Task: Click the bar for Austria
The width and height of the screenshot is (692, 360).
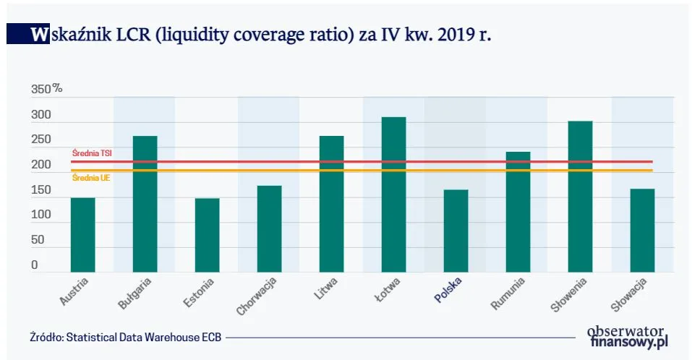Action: [x=82, y=234]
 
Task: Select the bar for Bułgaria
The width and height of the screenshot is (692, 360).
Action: [x=145, y=204]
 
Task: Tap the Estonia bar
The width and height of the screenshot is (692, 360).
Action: [x=207, y=235]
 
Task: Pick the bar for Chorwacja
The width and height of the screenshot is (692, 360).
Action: [x=269, y=228]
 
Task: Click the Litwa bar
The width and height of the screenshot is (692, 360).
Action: [x=331, y=204]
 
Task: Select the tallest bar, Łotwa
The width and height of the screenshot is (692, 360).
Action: [x=393, y=194]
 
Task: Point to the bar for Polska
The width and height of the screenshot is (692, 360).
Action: [x=456, y=231]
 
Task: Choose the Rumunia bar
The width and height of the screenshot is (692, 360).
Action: [x=518, y=212]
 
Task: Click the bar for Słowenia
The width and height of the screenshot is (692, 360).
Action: [x=580, y=196]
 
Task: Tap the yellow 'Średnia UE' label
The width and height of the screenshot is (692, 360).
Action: [x=86, y=177]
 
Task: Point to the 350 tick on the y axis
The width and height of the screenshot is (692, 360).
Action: [x=41, y=90]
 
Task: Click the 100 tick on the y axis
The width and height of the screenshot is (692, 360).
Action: [x=40, y=215]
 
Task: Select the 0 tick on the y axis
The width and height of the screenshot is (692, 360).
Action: [x=34, y=265]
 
